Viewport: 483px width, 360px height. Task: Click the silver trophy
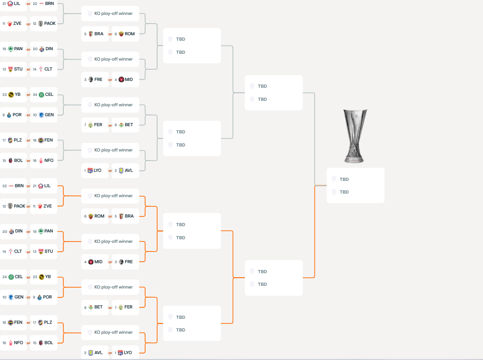click(x=355, y=136)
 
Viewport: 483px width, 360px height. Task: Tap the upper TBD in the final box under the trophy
click(x=344, y=180)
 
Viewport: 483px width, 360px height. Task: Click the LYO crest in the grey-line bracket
click(x=90, y=171)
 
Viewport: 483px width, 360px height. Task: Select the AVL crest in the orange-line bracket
click(x=90, y=353)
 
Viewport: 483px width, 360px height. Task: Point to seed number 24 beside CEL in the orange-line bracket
click(x=5, y=277)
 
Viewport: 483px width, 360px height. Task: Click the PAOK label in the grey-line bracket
click(x=50, y=24)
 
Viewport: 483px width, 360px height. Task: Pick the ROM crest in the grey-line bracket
click(x=121, y=34)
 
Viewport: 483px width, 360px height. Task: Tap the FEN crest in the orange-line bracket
click(x=10, y=323)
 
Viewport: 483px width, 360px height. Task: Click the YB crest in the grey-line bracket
click(x=11, y=95)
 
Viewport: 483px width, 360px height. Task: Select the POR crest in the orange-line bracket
click(x=39, y=298)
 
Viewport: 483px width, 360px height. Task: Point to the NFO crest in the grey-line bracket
click(x=41, y=161)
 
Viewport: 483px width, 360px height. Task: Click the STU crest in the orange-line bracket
click(x=41, y=251)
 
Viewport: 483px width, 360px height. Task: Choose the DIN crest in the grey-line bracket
click(x=42, y=49)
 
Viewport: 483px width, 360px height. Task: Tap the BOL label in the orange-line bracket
click(x=49, y=343)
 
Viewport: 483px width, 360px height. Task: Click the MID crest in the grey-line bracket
click(x=121, y=80)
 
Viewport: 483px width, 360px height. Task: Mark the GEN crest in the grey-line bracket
click(x=41, y=115)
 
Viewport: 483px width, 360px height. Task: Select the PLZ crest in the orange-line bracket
click(x=40, y=323)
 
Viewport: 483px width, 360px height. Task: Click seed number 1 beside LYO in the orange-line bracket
click(x=116, y=353)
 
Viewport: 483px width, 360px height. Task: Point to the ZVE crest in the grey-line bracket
click(x=9, y=24)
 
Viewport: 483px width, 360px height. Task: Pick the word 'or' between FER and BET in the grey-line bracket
click(x=110, y=125)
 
